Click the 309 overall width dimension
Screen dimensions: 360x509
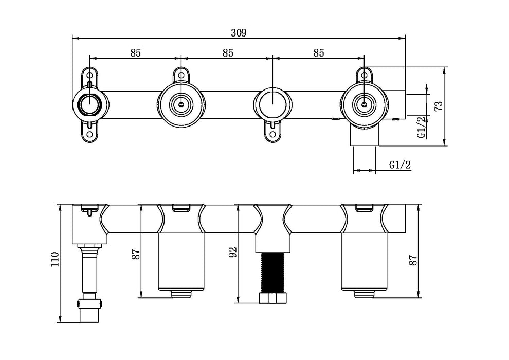click(239, 32)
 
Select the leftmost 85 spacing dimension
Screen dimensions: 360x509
click(136, 52)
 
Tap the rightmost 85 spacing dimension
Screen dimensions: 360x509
click(318, 52)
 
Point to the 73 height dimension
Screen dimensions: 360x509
click(438, 106)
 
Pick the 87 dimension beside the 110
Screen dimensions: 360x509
click(135, 254)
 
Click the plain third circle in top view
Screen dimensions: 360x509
click(272, 102)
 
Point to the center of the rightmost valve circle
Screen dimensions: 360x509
click(364, 103)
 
